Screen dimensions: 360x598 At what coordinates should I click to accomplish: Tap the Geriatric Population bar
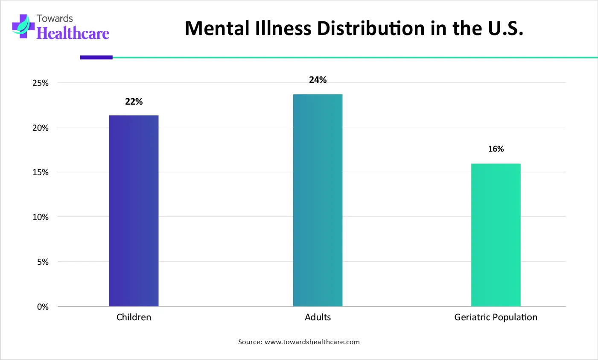pyautogui.click(x=496, y=235)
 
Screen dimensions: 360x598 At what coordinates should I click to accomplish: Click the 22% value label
pyautogui.click(x=134, y=102)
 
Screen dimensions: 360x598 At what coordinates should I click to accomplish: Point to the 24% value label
pyautogui.click(x=318, y=80)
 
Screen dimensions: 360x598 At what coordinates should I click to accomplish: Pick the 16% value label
pyautogui.click(x=496, y=149)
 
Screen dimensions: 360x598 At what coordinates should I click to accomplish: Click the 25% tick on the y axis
pyautogui.click(x=41, y=83)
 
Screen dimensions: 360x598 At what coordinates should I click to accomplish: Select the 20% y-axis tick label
pyautogui.click(x=41, y=128)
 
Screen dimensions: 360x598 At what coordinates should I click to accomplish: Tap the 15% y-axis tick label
pyautogui.click(x=41, y=173)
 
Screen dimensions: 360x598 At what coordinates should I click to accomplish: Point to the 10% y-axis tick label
pyautogui.click(x=41, y=217)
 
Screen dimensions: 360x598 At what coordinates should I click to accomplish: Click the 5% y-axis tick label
pyautogui.click(x=42, y=262)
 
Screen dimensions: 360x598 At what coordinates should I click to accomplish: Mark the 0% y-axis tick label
pyautogui.click(x=43, y=307)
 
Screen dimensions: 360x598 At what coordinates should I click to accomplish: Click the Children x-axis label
pyautogui.click(x=134, y=317)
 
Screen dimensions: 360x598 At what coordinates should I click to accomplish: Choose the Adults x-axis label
pyautogui.click(x=318, y=317)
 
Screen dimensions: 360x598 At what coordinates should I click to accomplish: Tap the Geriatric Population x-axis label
pyautogui.click(x=496, y=317)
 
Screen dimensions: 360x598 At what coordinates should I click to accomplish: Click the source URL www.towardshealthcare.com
pyautogui.click(x=312, y=342)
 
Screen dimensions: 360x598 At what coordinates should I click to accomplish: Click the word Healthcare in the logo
pyautogui.click(x=73, y=33)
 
